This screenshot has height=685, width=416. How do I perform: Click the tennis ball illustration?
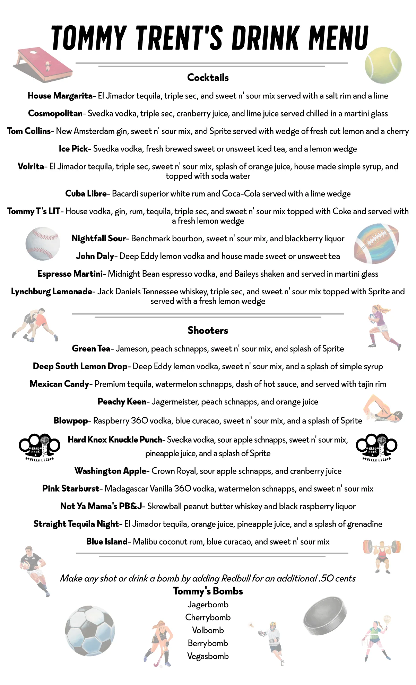pos(383,66)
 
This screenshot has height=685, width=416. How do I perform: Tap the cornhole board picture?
pos(43,65)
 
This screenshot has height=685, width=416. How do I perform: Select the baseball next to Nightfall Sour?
pos(43,244)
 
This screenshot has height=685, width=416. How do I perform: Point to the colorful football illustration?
pos(376,244)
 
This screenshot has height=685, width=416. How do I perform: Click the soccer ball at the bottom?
pos(90,631)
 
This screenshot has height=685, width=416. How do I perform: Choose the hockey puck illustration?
pos(325,616)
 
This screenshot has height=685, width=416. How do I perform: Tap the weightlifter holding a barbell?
pos(382,555)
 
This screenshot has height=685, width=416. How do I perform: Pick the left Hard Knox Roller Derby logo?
pos(39,447)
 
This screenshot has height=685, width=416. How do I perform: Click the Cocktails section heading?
pos(208,78)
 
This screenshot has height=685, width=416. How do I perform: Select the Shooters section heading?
pos(208,330)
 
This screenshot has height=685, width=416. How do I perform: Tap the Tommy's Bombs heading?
pos(208,591)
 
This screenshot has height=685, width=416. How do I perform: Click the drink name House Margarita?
pos(60,96)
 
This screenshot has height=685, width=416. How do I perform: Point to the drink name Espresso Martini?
pos(70,274)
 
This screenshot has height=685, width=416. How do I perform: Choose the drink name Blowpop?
pos(71,421)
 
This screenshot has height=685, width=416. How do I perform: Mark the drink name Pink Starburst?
pos(71,489)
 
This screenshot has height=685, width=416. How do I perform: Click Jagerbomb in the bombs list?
pos(208,605)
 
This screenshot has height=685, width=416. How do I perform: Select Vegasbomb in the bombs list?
pos(208,656)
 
